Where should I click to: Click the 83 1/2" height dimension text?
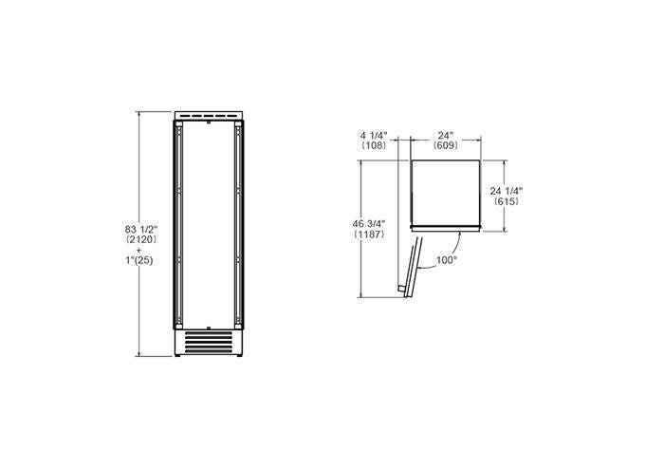(x=141, y=229)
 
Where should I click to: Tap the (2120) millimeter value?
(x=141, y=239)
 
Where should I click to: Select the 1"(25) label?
(x=138, y=260)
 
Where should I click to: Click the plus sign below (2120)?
(x=139, y=250)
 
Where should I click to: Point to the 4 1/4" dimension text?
(x=374, y=136)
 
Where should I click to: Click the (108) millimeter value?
(x=374, y=145)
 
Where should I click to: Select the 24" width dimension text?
(x=446, y=136)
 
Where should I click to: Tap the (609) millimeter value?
(x=446, y=145)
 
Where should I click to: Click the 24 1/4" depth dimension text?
(x=506, y=191)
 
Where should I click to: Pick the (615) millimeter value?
(x=507, y=201)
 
